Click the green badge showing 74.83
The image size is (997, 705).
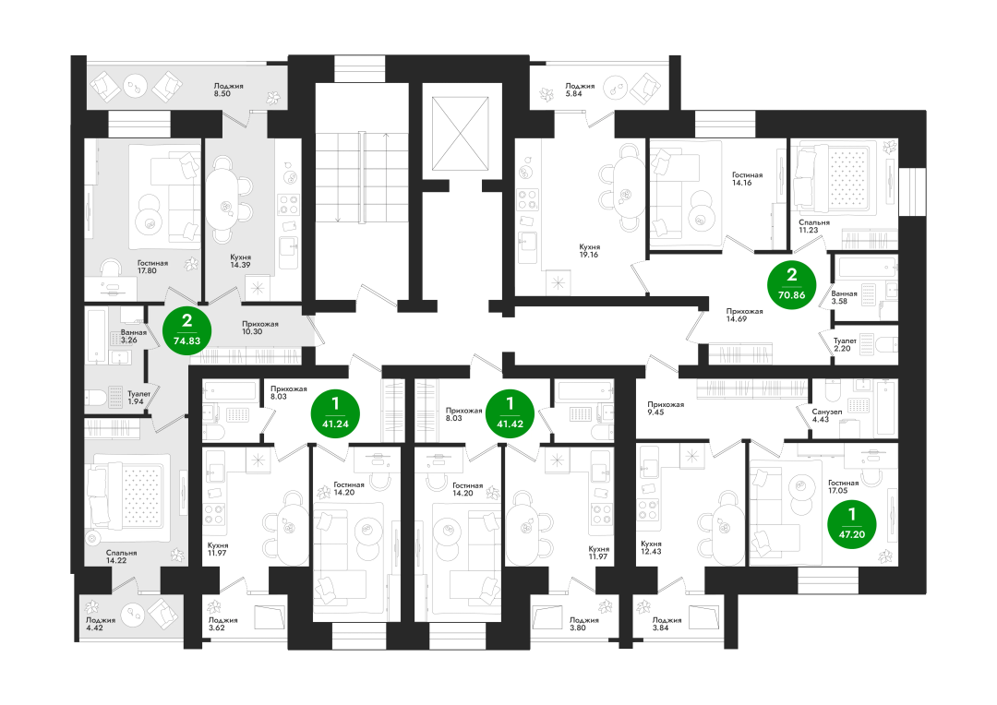(186, 330)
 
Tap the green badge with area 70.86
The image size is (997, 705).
(792, 285)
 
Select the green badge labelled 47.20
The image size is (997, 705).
(852, 524)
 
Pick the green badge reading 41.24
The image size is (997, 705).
(335, 413)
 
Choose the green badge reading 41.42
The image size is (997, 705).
(510, 413)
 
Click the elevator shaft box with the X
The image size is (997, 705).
(461, 134)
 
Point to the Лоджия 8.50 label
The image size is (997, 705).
(228, 90)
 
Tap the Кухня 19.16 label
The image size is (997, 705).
(589, 250)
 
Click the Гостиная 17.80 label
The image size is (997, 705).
(152, 267)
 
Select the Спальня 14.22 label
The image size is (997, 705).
(121, 556)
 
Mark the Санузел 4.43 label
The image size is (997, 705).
(826, 415)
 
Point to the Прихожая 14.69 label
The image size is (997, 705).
(745, 316)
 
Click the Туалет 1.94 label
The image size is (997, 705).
(138, 398)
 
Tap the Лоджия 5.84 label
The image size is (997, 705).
(580, 90)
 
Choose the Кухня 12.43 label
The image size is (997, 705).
(651, 547)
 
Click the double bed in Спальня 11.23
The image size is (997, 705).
(832, 179)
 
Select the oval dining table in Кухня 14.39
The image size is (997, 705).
(222, 199)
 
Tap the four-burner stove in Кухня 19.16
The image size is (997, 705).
(528, 199)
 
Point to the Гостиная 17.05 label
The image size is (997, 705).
(843, 486)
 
